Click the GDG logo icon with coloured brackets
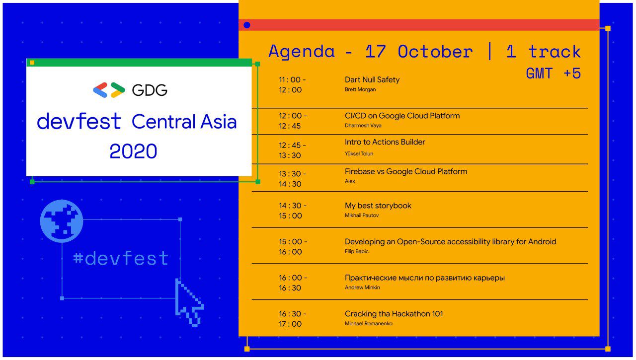109,90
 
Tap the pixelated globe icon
62,221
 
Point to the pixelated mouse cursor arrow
189,302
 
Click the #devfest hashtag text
121,258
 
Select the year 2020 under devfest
133,151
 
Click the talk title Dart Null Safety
372,80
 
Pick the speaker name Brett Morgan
360,89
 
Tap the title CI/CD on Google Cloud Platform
402,116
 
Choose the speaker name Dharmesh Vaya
363,126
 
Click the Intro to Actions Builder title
385,142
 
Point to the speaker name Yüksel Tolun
359,153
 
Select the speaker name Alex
350,181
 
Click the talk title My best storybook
378,206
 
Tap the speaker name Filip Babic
357,251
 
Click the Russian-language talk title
425,278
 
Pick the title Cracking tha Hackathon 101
394,314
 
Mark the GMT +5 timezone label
553,73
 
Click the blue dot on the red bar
247,25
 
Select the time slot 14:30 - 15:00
293,211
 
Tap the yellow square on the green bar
32,63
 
